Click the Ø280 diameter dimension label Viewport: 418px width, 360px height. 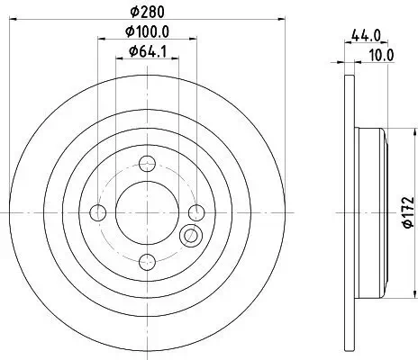[148, 12]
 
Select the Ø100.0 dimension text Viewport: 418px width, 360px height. [148, 31]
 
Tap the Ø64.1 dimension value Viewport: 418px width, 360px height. [148, 51]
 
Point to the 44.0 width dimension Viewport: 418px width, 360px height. [366, 36]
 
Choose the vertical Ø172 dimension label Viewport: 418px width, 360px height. [408, 212]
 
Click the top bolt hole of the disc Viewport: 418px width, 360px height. [147, 164]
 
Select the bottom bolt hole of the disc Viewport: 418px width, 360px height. [147, 262]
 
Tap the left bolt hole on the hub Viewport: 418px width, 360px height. [98, 212]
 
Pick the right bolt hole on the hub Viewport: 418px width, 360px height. [196, 212]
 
